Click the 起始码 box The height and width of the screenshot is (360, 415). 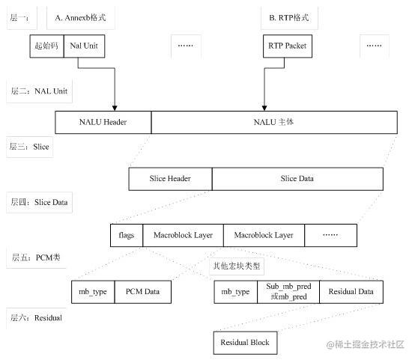47,46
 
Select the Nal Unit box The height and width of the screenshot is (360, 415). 84,46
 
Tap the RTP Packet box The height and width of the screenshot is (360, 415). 288,46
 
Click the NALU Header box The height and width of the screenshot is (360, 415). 103,122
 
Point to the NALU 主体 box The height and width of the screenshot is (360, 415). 274,122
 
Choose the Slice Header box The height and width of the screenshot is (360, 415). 171,179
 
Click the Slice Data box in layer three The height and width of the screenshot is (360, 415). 297,179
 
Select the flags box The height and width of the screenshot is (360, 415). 127,236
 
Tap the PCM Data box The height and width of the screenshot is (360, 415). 143,292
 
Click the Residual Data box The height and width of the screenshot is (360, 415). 351,292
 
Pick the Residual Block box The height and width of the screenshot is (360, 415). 246,343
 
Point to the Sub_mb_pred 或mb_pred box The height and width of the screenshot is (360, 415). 288,292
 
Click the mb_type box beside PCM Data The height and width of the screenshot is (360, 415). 93,292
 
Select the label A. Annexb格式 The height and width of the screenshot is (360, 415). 80,18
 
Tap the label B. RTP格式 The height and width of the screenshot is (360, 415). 289,18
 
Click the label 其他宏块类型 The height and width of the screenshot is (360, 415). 237,266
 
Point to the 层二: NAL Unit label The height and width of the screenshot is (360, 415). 39,91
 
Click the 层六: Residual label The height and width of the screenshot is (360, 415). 36,317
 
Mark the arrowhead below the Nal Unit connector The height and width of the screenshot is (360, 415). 115,108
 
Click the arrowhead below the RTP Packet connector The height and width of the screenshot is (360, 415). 264,108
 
